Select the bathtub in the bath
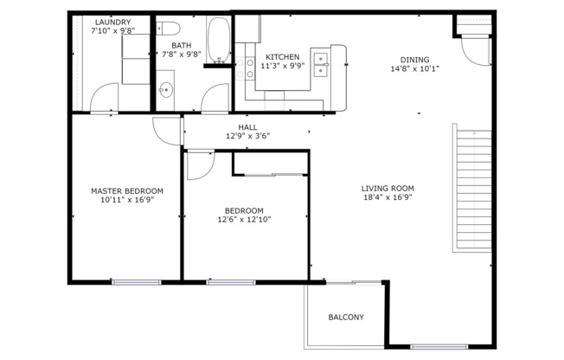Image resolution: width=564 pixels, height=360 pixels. click(219, 40)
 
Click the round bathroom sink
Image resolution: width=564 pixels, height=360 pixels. click(166, 88)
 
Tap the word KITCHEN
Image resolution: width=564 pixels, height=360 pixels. click(283, 57)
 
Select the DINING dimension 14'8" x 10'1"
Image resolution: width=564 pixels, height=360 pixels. click(415, 69)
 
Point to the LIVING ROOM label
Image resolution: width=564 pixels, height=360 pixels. click(388, 189)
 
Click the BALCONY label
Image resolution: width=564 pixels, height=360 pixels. click(346, 318)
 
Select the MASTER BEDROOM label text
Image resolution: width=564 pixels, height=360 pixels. click(127, 191)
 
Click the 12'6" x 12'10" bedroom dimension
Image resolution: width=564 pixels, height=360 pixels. click(244, 220)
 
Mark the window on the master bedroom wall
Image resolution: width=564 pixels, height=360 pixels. click(136, 281)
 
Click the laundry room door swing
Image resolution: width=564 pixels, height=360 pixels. click(103, 98)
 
